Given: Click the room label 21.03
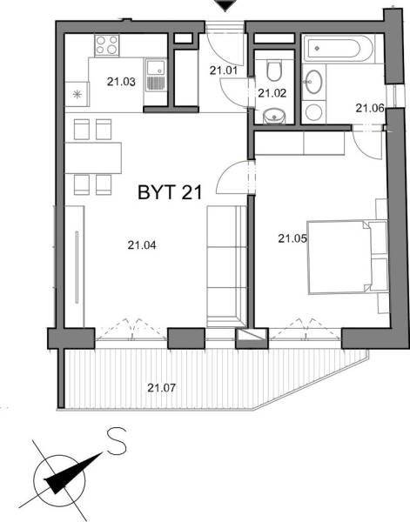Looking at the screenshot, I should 121,83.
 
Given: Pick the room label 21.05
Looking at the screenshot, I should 292,237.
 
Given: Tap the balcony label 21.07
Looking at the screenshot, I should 161,387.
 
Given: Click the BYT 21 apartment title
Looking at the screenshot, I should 170,193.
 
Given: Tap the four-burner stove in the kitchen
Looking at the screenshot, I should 108,45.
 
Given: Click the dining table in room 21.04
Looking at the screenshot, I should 95,157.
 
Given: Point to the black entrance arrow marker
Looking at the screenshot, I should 225,7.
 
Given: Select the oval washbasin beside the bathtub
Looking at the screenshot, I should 313,84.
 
